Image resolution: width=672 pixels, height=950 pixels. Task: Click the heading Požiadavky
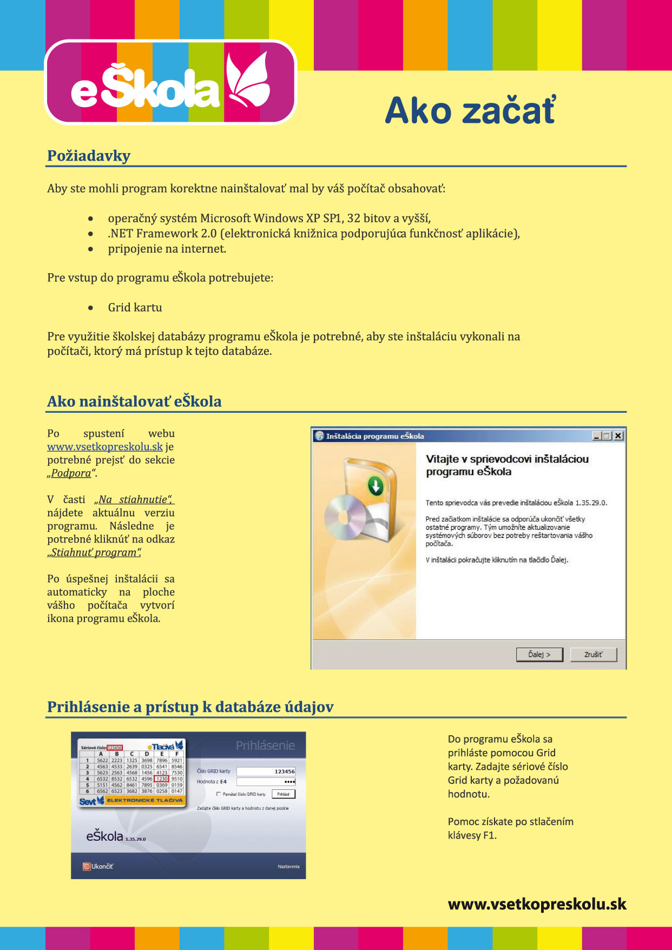[x=89, y=156]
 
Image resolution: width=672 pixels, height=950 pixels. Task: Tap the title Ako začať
[x=470, y=111]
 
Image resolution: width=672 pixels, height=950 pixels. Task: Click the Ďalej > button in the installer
[x=539, y=655]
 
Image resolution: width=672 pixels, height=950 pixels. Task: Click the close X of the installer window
[x=618, y=436]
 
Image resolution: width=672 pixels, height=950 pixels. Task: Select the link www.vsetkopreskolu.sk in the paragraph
[x=105, y=447]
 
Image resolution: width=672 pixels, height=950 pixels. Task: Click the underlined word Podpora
[x=71, y=473]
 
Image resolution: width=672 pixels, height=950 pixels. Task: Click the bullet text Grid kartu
[x=135, y=307]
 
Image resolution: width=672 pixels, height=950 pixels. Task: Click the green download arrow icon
[x=375, y=485]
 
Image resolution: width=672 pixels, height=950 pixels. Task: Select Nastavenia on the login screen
[x=288, y=866]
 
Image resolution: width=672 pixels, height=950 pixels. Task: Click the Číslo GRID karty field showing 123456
[x=266, y=771]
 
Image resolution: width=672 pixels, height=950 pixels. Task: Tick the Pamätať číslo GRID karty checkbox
[x=219, y=794]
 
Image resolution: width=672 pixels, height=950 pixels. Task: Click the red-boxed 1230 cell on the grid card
[x=162, y=779]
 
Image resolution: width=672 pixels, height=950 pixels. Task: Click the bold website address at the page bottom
[x=537, y=905]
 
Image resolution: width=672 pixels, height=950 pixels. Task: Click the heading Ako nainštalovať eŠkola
[x=134, y=401]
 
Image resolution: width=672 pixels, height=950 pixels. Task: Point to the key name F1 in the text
[x=489, y=835]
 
